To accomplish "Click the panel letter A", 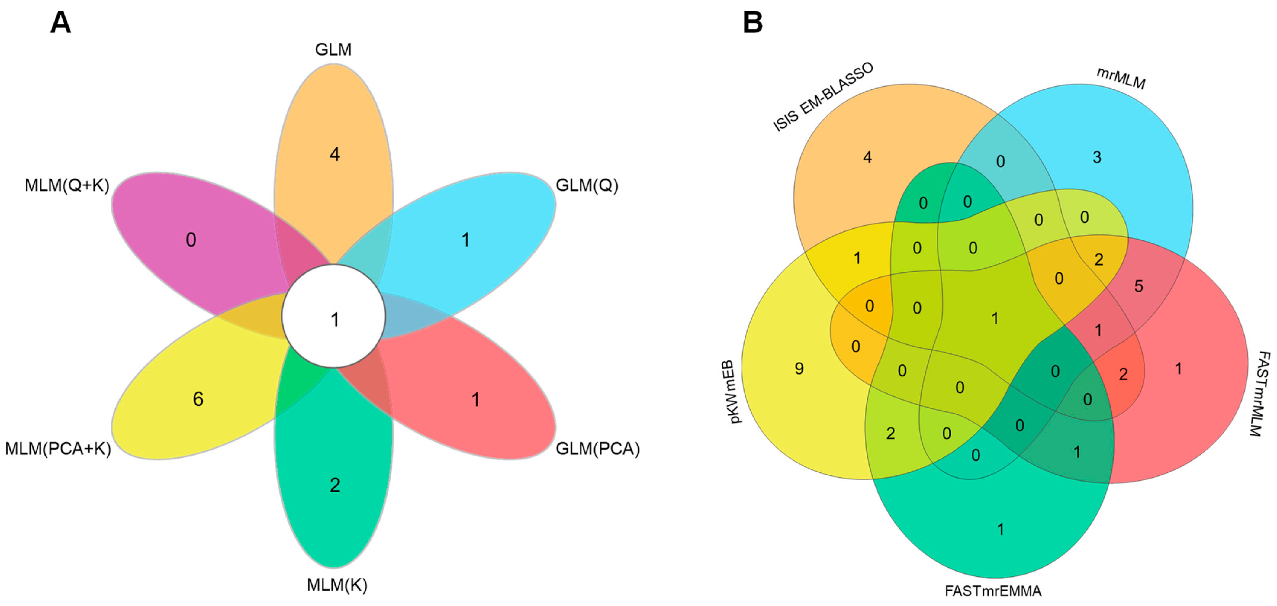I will coord(60,23).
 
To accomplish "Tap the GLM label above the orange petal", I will coord(333,50).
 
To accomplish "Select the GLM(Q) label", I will coord(587,185).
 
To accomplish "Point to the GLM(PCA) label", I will coord(597,449).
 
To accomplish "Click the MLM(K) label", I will coord(337,585).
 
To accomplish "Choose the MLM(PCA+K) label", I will coord(58,449).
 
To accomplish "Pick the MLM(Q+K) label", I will coord(67,185).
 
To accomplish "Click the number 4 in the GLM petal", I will coord(335,155).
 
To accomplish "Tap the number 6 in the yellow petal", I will coord(198,399).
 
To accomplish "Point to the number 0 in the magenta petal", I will coord(191,240).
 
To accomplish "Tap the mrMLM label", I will coord(1120,78).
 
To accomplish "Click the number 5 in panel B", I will coord(1139,286).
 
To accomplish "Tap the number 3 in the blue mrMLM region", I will coord(1097,157).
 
